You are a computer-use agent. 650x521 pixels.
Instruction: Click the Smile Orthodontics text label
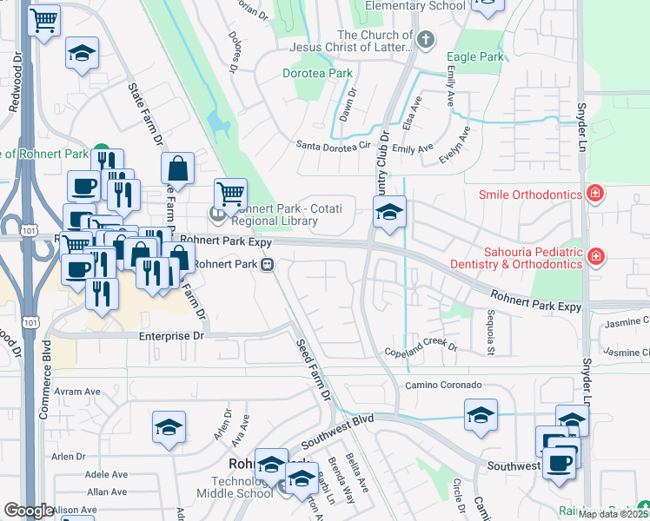[x=529, y=195]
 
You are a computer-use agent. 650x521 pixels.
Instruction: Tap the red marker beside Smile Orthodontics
[x=596, y=193]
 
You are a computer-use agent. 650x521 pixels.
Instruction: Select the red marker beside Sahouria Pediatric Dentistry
[x=596, y=255]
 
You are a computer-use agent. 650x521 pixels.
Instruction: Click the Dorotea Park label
[x=317, y=74]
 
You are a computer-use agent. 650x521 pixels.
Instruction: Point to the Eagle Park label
[x=474, y=57]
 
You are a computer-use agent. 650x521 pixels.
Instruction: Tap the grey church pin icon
[x=426, y=39]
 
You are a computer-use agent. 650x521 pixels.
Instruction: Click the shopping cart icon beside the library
[x=230, y=194]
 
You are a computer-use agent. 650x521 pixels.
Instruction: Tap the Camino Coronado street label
[x=442, y=385]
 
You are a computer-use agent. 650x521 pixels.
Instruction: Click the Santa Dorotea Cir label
[x=334, y=145]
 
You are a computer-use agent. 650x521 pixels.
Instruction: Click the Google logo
[x=28, y=511]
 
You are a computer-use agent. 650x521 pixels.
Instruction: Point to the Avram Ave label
[x=78, y=392]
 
